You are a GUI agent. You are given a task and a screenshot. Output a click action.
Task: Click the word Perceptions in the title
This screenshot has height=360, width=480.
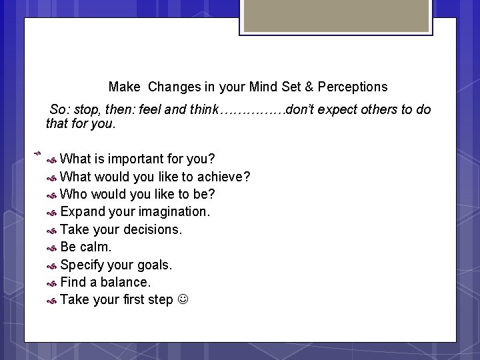[x=353, y=87]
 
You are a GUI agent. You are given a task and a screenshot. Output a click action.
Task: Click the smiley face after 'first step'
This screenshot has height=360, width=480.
[x=183, y=299]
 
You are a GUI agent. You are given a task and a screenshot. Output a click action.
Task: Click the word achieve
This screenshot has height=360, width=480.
[x=223, y=177]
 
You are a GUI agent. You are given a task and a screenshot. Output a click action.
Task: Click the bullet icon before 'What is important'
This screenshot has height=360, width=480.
[x=51, y=160]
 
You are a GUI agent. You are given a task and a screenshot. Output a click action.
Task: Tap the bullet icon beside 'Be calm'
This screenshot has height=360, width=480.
[x=51, y=247]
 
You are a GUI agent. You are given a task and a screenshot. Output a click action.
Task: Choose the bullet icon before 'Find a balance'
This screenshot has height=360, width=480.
[x=51, y=283]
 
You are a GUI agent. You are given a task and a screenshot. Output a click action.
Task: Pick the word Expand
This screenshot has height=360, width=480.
[x=83, y=212]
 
